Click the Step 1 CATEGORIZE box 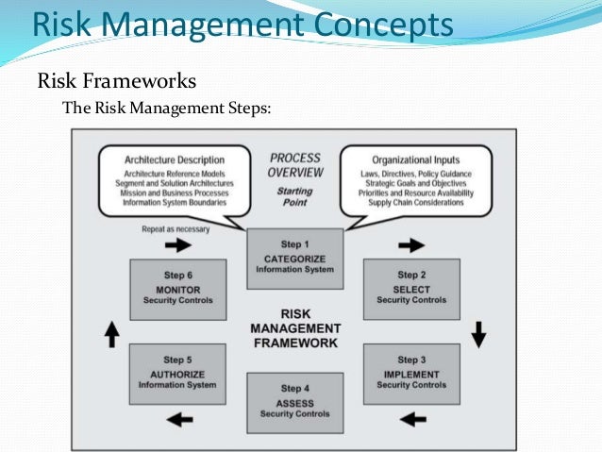[294, 258]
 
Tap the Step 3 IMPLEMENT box [410, 372]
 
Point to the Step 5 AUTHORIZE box [176, 372]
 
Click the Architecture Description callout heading [175, 159]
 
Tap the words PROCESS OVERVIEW [295, 165]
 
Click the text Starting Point [294, 196]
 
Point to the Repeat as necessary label [176, 227]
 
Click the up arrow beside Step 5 [110, 333]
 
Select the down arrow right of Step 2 [477, 333]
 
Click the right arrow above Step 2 [411, 245]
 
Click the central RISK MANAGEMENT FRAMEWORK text [295, 328]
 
